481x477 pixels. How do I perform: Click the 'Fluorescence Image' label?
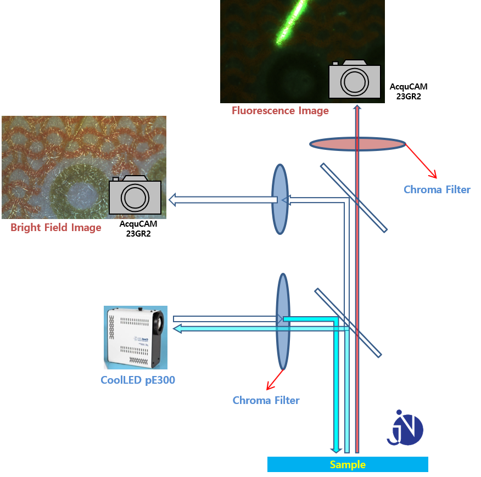point(280,110)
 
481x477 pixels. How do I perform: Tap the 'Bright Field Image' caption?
point(56,227)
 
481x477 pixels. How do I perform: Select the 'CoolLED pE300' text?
point(138,380)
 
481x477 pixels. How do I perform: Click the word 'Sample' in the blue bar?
point(348,464)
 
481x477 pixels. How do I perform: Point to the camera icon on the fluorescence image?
point(355,79)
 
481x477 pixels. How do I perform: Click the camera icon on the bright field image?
point(135,195)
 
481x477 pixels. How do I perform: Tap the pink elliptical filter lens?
point(357,144)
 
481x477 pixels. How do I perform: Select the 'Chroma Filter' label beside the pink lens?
point(437,189)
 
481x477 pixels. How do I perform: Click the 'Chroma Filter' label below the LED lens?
point(266,400)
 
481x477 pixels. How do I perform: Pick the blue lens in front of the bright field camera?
point(280,199)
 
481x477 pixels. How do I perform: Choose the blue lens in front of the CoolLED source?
point(283,322)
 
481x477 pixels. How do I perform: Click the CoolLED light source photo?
point(136,338)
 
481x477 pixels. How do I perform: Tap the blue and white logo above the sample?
point(405,428)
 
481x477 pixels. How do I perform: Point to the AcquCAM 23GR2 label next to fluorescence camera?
point(409,92)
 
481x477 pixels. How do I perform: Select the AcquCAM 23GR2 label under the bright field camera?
point(138,229)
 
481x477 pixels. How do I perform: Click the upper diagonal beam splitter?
point(354,198)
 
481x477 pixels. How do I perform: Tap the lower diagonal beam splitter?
point(348,323)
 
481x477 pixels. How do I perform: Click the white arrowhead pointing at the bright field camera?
point(172,200)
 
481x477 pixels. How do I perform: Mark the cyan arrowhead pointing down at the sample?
point(336,450)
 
